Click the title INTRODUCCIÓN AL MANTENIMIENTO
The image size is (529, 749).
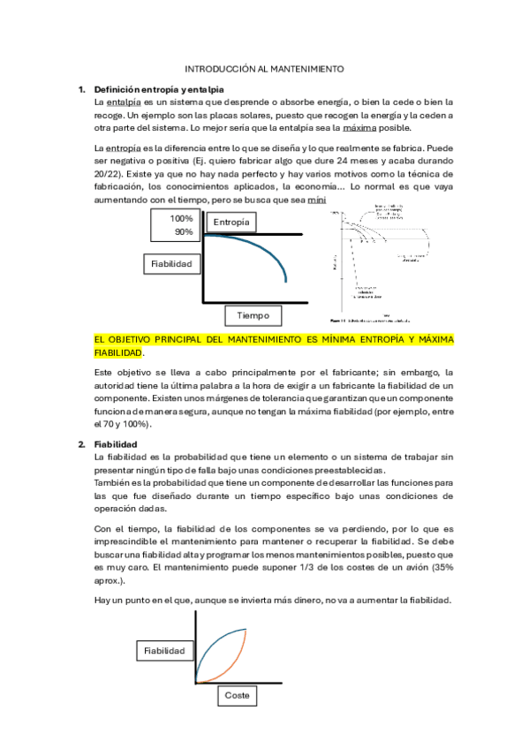264,68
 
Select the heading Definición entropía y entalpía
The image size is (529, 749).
158,89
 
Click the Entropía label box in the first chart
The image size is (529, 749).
231,222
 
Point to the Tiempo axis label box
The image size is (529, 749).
253,315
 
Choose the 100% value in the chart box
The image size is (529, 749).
182,218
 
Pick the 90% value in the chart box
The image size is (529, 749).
183,231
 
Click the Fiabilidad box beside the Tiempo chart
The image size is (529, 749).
173,263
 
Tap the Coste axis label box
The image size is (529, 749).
237,695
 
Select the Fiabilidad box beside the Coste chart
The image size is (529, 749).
165,650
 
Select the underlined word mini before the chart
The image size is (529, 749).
316,200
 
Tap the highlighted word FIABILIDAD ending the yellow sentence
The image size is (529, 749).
117,352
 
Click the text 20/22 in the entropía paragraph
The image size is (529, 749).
107,174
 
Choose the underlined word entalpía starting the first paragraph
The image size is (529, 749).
124,102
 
